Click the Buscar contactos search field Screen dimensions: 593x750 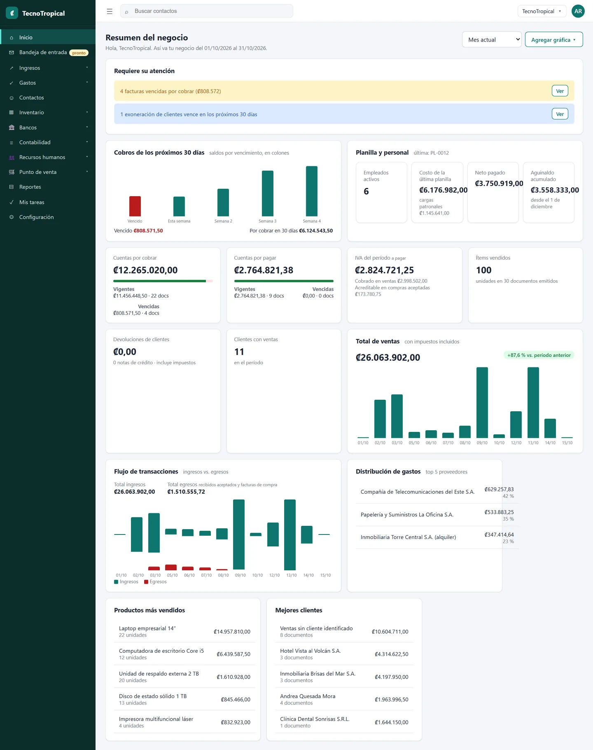tap(207, 11)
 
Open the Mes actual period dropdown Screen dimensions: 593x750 tap(492, 40)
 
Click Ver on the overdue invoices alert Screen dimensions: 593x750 tap(560, 91)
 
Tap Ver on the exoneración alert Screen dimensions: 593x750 tap(560, 114)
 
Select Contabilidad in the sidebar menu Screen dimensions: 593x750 tap(35, 143)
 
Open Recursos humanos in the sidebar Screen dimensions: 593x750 tap(42, 157)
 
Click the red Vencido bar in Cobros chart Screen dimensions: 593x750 tap(135, 206)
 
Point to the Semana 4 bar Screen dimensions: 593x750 tap(312, 191)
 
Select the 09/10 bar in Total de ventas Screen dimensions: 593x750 tap(482, 402)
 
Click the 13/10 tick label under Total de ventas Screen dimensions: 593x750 tap(533, 443)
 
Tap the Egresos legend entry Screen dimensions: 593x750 tap(156, 582)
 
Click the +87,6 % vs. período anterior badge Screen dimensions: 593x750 tap(539, 355)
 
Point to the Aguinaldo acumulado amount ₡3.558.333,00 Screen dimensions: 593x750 tap(555, 190)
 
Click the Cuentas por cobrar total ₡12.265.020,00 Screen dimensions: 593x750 tap(145, 270)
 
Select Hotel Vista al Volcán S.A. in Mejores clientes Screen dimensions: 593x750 tap(311, 651)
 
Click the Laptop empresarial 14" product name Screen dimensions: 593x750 tap(147, 628)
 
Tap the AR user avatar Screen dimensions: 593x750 tap(578, 11)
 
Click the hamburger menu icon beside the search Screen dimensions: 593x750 tap(110, 12)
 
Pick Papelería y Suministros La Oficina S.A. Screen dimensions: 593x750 tap(407, 515)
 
